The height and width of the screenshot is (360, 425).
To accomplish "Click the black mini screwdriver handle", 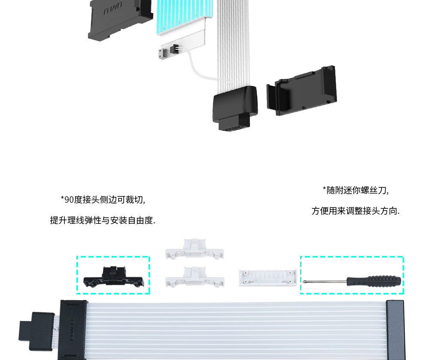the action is point(373,281).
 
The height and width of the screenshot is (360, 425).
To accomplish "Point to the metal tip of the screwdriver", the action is point(304,281).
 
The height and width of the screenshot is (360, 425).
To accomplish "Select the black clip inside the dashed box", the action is point(113,277).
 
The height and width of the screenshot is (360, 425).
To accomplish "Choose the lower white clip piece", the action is point(194,277).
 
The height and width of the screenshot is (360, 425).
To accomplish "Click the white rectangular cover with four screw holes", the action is point(267,278).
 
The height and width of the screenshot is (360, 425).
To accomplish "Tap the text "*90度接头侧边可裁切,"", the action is point(103,200).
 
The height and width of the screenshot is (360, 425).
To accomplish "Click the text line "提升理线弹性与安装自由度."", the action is point(103,220).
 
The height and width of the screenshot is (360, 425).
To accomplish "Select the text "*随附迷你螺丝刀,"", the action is point(355,190).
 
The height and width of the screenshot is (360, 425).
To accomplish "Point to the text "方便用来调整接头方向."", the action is point(355,211).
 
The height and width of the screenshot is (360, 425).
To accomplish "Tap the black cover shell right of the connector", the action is point(302,91).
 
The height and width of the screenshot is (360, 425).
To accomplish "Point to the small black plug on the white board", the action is point(174,49).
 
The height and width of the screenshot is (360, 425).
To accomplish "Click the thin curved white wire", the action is point(200,68).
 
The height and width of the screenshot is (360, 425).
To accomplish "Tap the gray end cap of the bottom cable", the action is point(396,330).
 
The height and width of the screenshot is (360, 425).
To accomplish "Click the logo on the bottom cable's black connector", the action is point(72,330).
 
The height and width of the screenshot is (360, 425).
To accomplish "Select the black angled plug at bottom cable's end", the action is point(36,331).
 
